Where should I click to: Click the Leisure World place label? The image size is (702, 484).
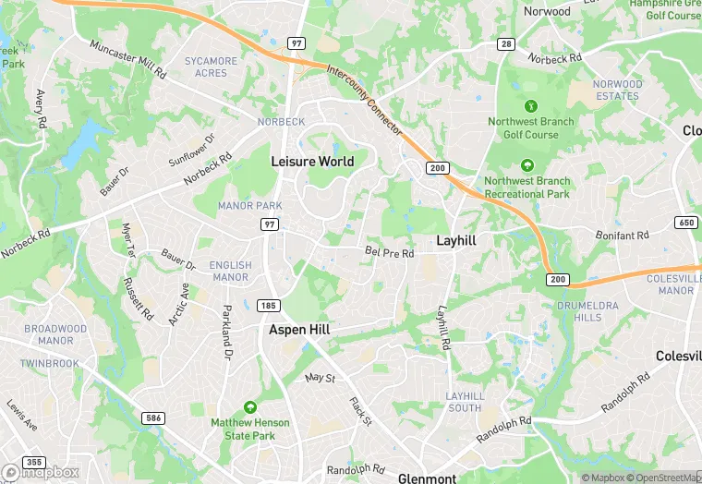pyautogui.click(x=312, y=161)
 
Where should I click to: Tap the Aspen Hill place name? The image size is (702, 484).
pyautogui.click(x=299, y=329)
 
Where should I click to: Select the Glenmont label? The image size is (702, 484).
pyautogui.click(x=427, y=478)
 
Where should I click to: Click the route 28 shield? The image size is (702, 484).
pyautogui.click(x=507, y=43)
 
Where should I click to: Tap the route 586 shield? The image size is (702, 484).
pyautogui.click(x=153, y=418)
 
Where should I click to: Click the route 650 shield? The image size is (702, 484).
pyautogui.click(x=686, y=223)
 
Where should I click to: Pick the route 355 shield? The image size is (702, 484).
pyautogui.click(x=35, y=461)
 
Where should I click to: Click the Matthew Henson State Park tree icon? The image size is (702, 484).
pyautogui.click(x=249, y=407)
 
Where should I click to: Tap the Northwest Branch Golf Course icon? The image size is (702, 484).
pyautogui.click(x=530, y=106)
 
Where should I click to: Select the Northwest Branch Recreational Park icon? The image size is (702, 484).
pyautogui.click(x=526, y=166)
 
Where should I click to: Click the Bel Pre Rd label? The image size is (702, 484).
pyautogui.click(x=389, y=252)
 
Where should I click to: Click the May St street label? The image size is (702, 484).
pyautogui.click(x=320, y=378)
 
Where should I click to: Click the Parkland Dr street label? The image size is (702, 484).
pyautogui.click(x=225, y=333)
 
